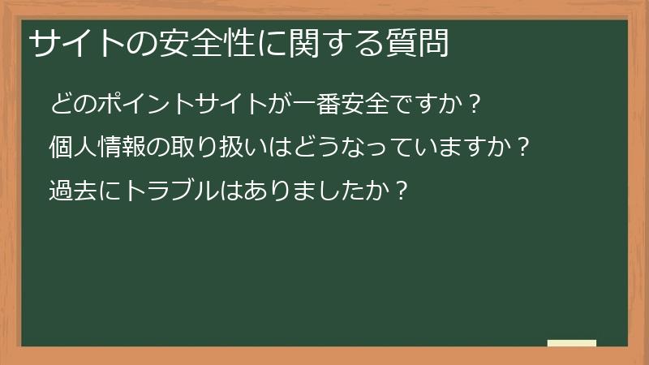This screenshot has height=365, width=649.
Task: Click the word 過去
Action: [72, 191]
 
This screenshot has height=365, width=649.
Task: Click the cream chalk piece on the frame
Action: [572, 343]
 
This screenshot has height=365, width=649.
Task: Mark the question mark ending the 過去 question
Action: [397, 191]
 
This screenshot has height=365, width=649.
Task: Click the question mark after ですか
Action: [475, 104]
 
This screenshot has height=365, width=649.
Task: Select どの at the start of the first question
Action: [72, 104]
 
